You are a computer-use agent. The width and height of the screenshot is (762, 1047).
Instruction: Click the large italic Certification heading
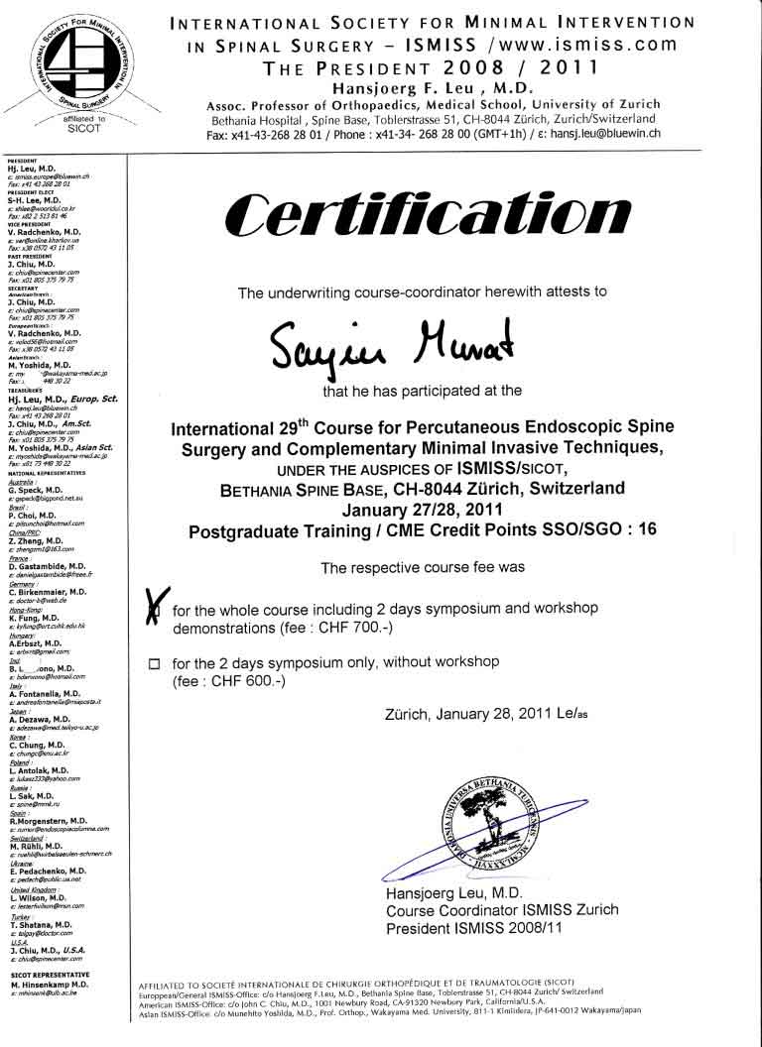click(x=427, y=214)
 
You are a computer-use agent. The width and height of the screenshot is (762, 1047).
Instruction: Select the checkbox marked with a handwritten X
click(x=154, y=606)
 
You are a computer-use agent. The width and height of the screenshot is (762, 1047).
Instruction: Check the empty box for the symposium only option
click(x=154, y=664)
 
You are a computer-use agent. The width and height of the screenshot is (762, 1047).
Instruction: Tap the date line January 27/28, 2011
click(x=420, y=510)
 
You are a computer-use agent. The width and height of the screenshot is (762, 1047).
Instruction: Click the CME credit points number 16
click(x=647, y=529)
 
